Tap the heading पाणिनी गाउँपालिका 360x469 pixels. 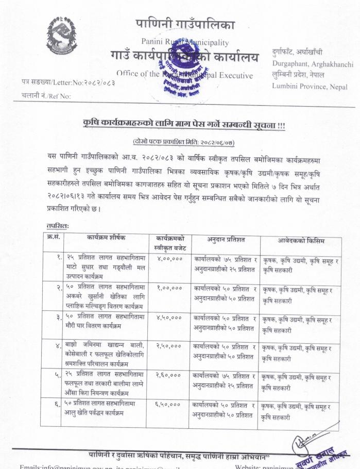(185, 24)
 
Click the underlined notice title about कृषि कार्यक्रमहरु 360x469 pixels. (184, 125)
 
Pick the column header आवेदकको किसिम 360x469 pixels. (294, 240)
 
